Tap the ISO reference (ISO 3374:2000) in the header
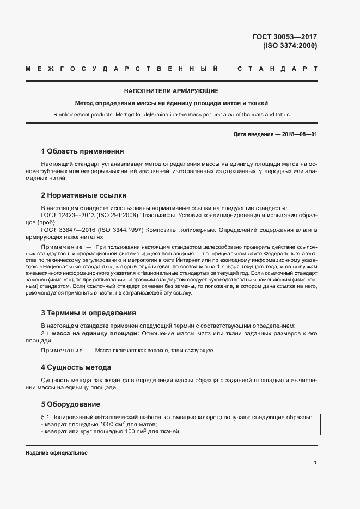290,46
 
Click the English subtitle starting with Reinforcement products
172,115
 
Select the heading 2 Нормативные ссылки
84,195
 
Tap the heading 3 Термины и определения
89,313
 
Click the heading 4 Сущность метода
76,367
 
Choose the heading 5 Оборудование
71,404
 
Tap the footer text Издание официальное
57,453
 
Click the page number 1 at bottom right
315,463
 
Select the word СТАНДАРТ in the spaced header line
278,69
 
